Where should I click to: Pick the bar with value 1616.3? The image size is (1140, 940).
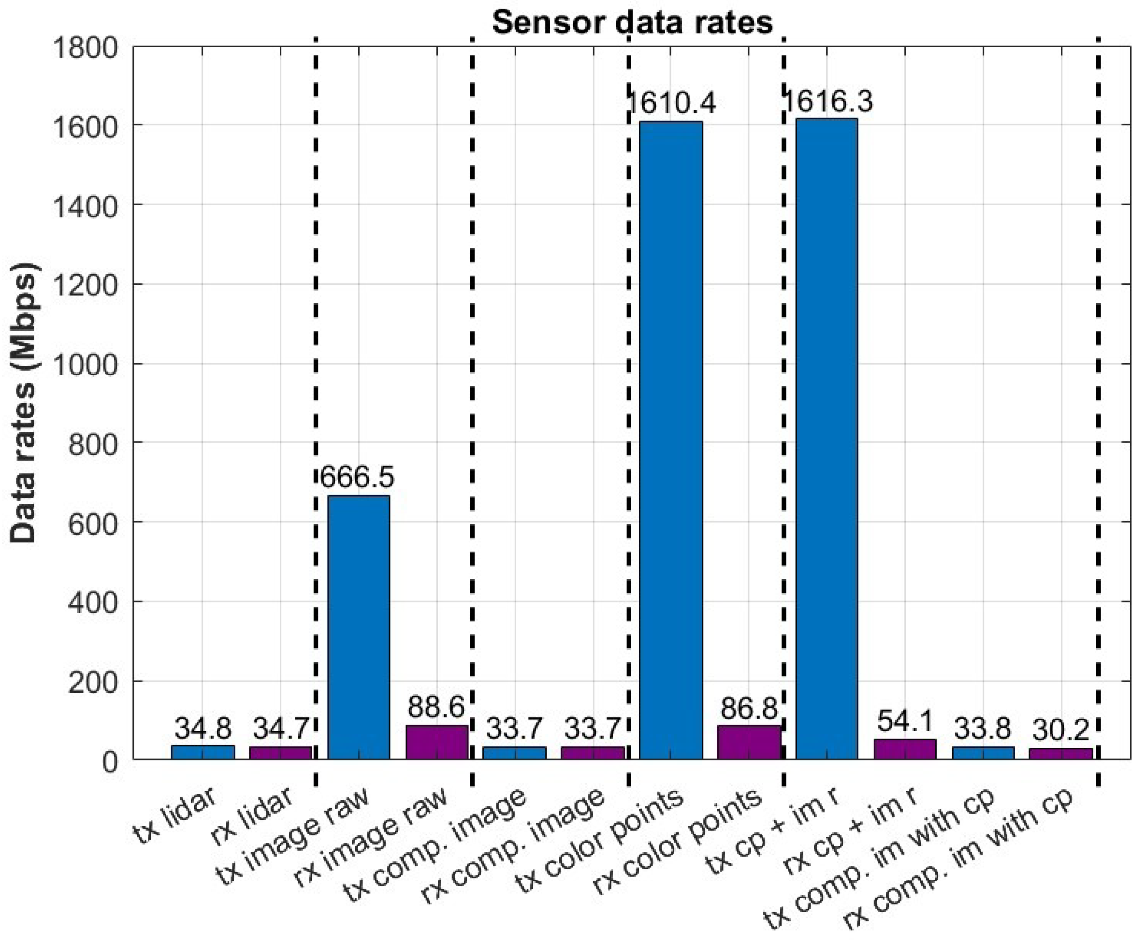click(x=826, y=439)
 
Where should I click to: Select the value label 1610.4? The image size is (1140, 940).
click(x=671, y=103)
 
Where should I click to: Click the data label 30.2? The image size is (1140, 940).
click(x=1060, y=730)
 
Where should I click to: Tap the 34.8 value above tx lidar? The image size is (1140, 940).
click(x=203, y=728)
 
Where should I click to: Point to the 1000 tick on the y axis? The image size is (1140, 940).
click(x=85, y=364)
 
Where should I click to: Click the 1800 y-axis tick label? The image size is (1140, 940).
click(x=85, y=48)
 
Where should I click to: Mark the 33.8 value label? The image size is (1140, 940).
click(x=982, y=729)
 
